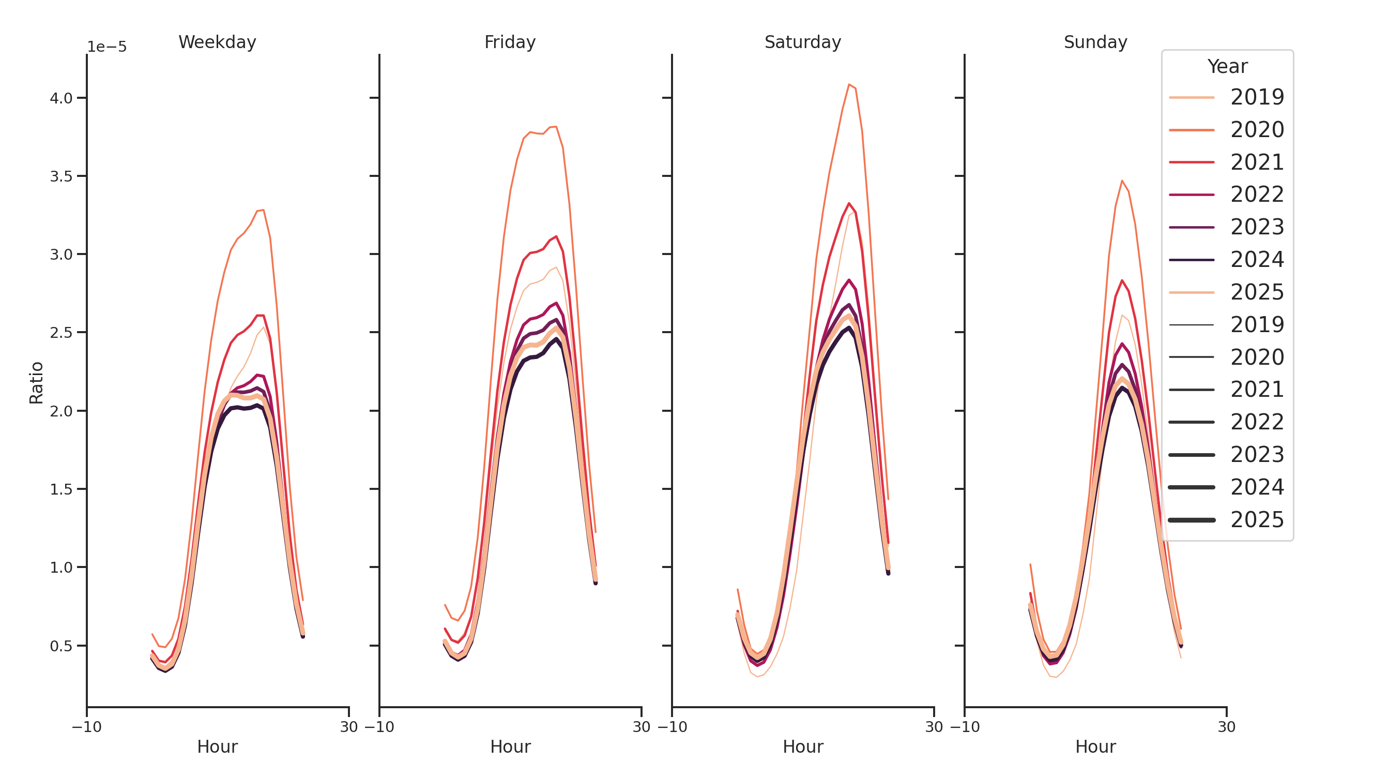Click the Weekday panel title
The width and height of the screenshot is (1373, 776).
[217, 42]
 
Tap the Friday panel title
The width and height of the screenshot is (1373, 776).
[510, 42]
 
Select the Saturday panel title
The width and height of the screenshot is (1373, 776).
[802, 42]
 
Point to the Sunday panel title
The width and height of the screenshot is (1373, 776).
[1095, 42]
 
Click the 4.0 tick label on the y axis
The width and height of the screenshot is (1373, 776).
[61, 98]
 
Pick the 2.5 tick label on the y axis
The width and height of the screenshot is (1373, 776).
[61, 333]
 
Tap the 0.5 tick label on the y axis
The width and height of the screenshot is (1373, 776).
[61, 646]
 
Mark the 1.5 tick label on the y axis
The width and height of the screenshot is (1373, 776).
[61, 489]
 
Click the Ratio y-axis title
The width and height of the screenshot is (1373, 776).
[36, 382]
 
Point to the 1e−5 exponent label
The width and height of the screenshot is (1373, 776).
[106, 47]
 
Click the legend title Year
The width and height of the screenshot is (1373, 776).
[1227, 67]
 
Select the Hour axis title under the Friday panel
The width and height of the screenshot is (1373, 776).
[510, 747]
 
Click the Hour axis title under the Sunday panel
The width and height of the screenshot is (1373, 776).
[1095, 747]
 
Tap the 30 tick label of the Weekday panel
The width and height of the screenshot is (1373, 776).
[348, 727]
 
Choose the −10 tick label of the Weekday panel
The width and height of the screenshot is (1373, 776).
[86, 727]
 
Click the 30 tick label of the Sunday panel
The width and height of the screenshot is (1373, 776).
[1226, 727]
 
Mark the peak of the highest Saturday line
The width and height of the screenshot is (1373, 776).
[849, 84]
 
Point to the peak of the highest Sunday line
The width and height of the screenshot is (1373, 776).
[1122, 181]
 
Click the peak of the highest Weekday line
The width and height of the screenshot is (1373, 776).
[263, 210]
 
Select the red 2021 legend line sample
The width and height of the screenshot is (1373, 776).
[1192, 162]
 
